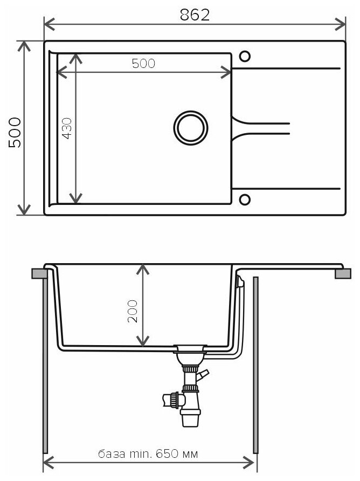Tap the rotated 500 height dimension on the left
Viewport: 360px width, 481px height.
pos(15,133)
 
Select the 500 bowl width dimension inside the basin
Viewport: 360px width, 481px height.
pos(143,63)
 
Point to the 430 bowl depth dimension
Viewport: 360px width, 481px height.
pos(67,128)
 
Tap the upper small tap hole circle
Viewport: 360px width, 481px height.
pos(245,56)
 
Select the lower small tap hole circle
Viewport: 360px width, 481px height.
pos(245,200)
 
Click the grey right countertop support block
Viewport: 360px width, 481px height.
pos(342,274)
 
